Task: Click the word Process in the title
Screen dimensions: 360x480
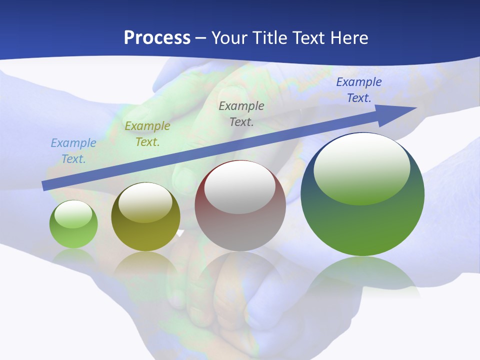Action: (157, 38)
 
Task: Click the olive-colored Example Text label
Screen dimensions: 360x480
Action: (147, 134)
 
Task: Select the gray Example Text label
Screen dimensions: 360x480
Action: (241, 113)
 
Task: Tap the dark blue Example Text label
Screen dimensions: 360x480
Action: (359, 90)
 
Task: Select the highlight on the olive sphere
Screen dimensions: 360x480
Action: (145, 203)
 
